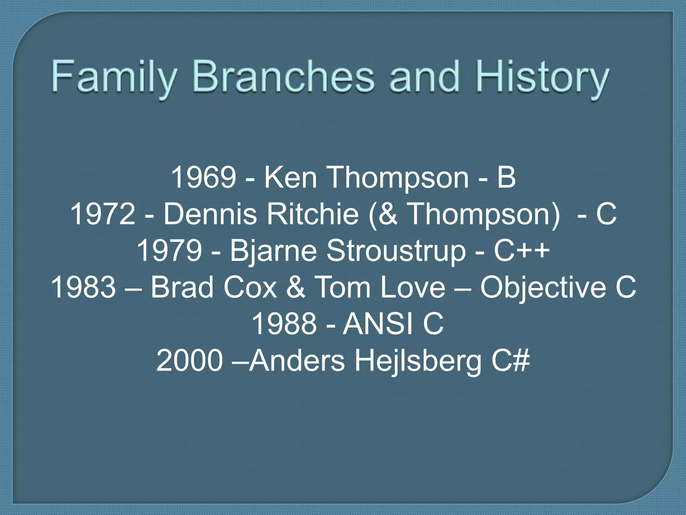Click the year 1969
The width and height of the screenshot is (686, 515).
click(203, 177)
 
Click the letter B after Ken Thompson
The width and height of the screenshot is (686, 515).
click(506, 177)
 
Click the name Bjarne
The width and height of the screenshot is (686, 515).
click(273, 251)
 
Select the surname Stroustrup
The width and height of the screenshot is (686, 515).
click(396, 251)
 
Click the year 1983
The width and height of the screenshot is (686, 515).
click(83, 287)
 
